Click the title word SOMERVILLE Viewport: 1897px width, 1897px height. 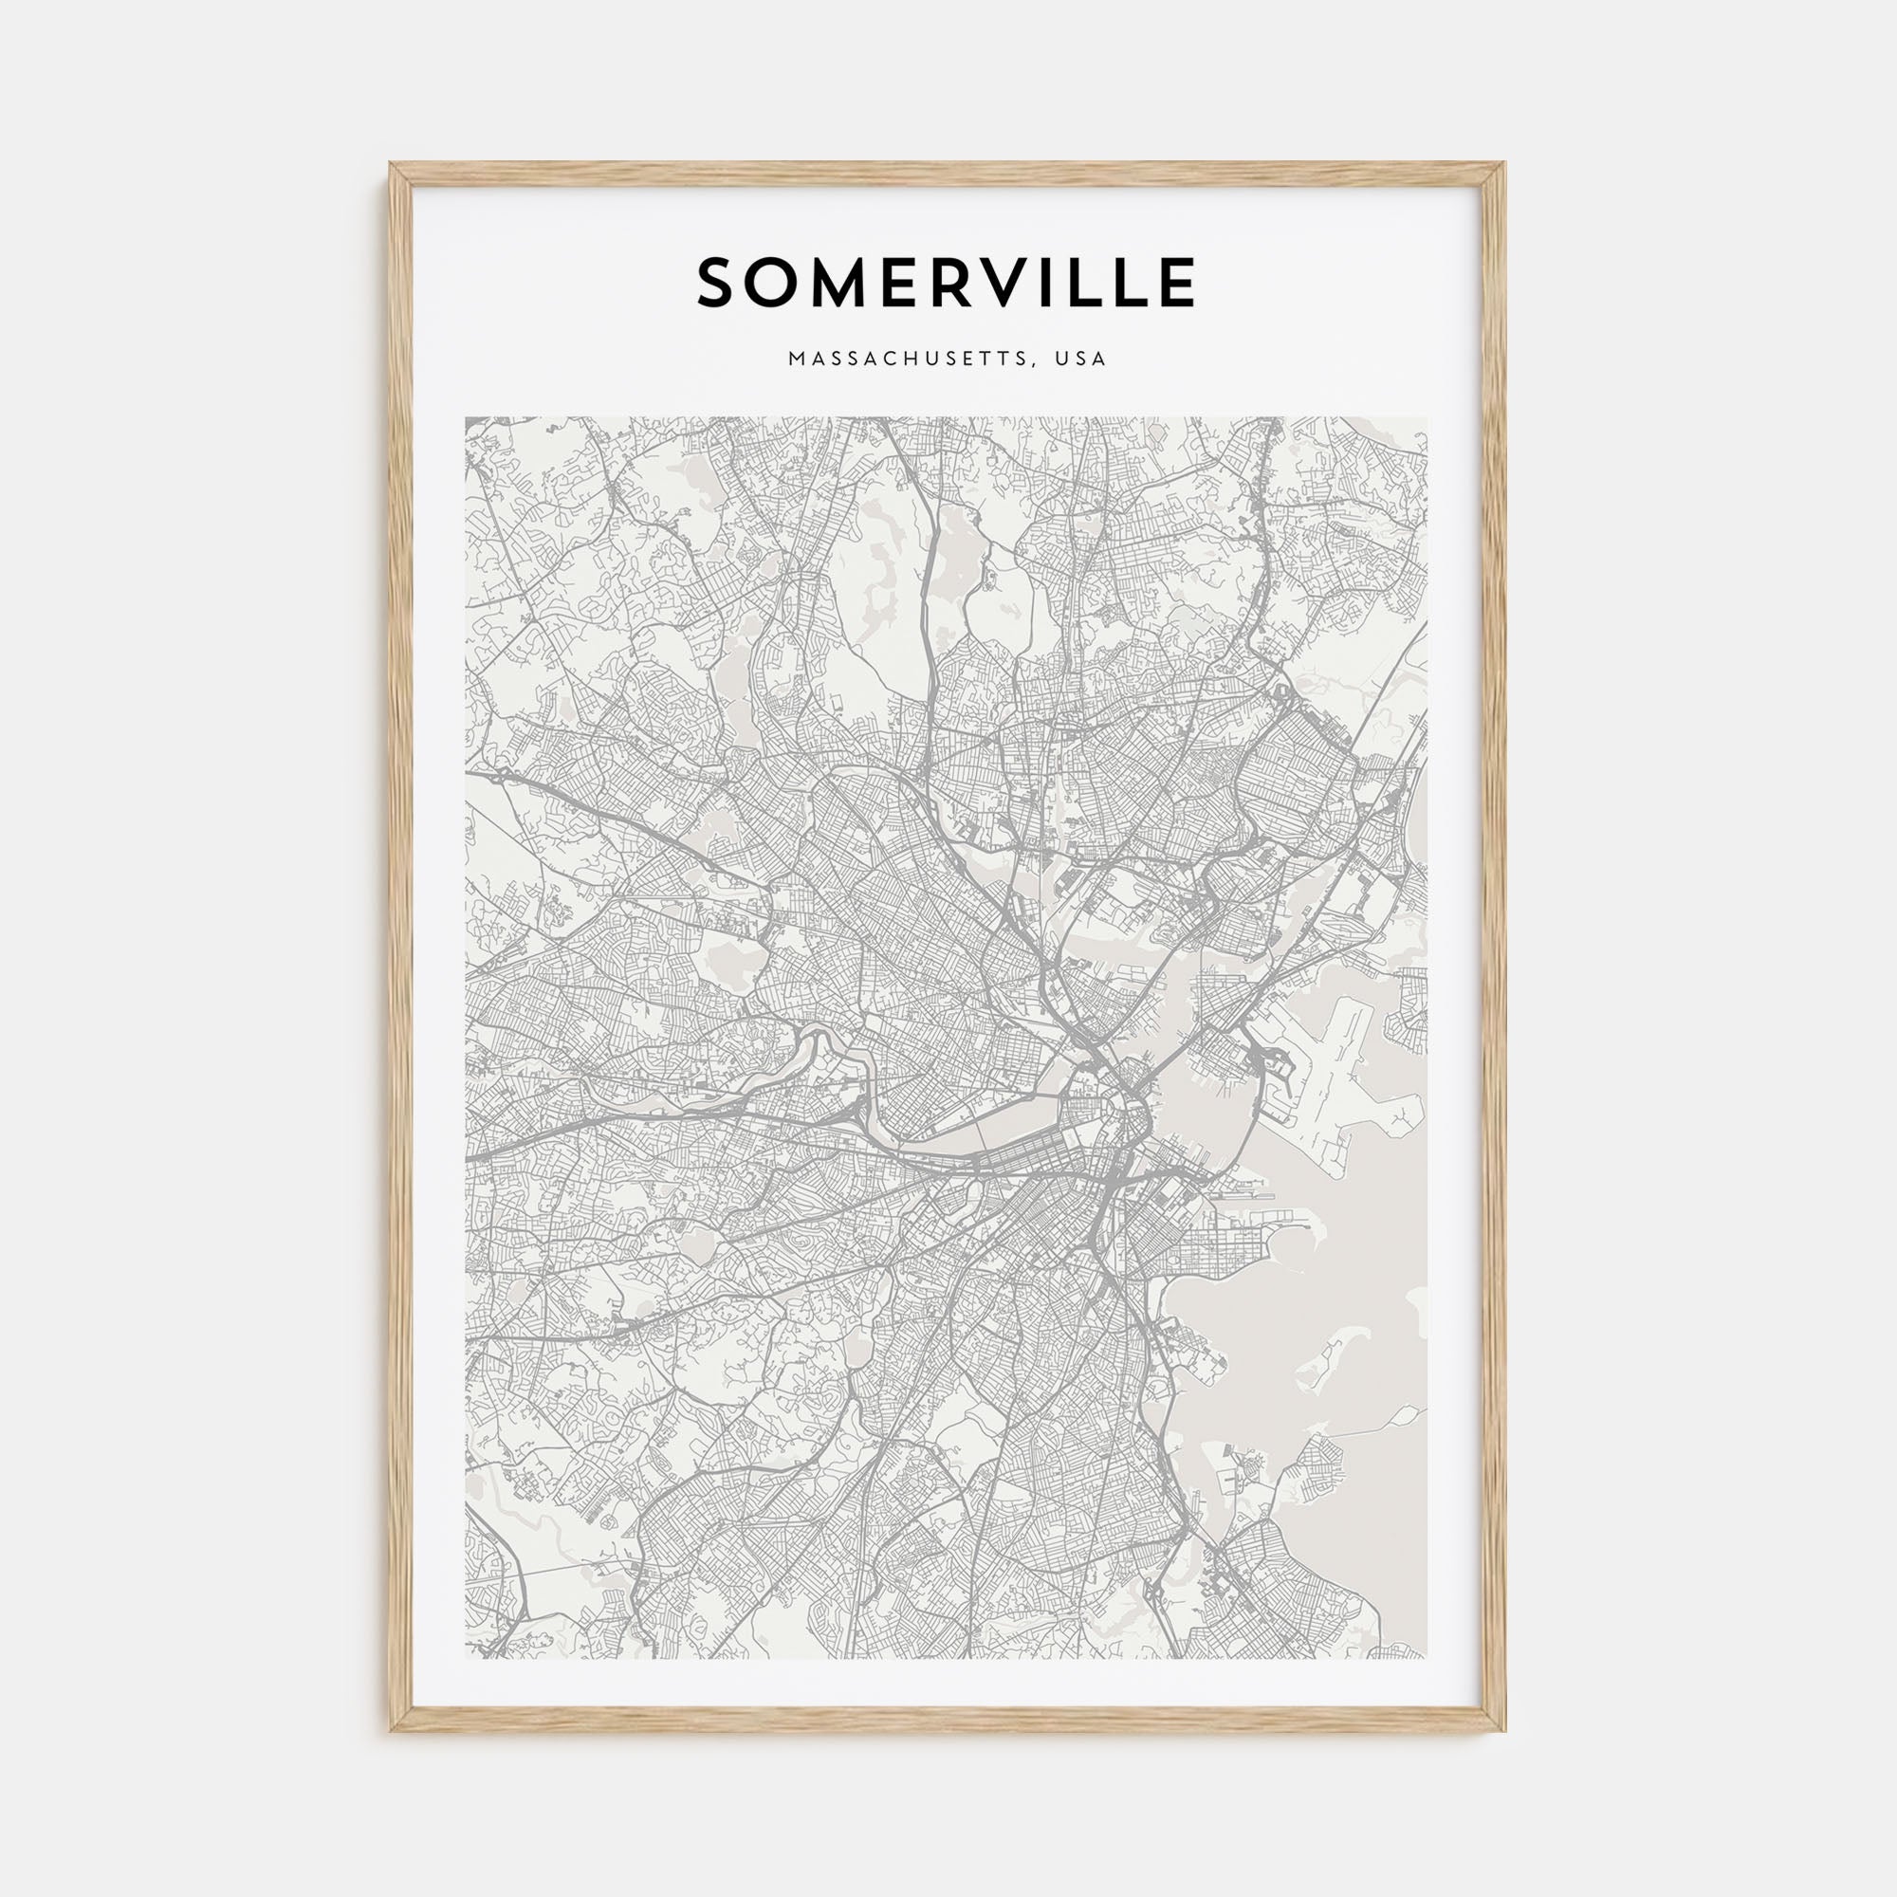point(947,282)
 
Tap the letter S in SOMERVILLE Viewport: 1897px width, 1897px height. point(718,283)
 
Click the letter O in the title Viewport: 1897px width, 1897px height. point(775,283)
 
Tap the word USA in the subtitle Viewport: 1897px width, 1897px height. point(1081,359)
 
